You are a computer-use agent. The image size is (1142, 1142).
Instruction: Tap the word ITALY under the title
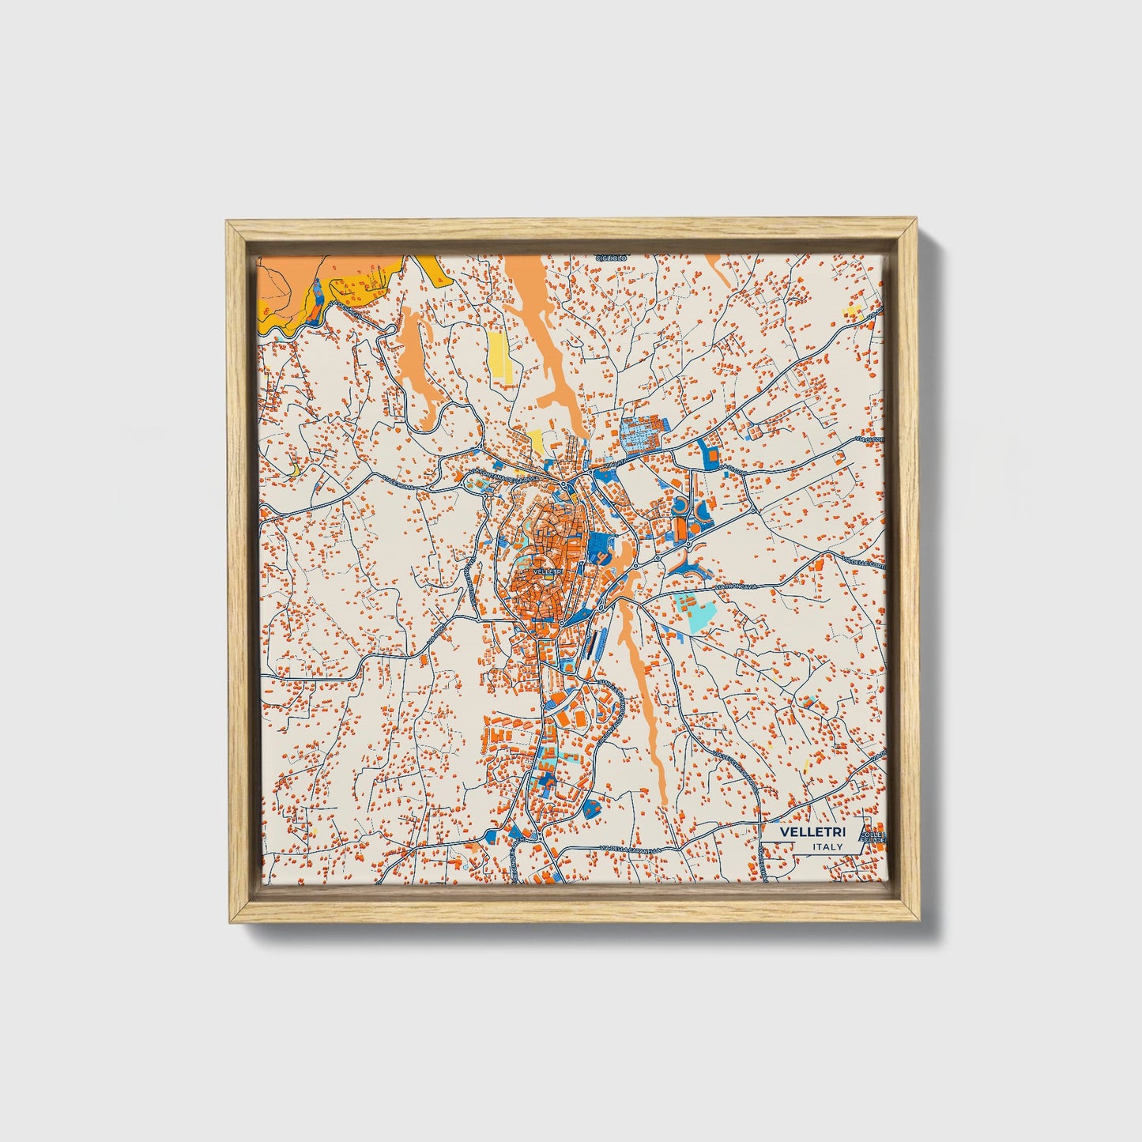[827, 846]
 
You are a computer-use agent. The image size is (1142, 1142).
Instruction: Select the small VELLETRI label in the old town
[547, 571]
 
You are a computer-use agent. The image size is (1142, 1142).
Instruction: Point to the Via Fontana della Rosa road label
[507, 477]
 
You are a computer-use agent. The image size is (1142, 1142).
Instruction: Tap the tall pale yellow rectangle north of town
[499, 360]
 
